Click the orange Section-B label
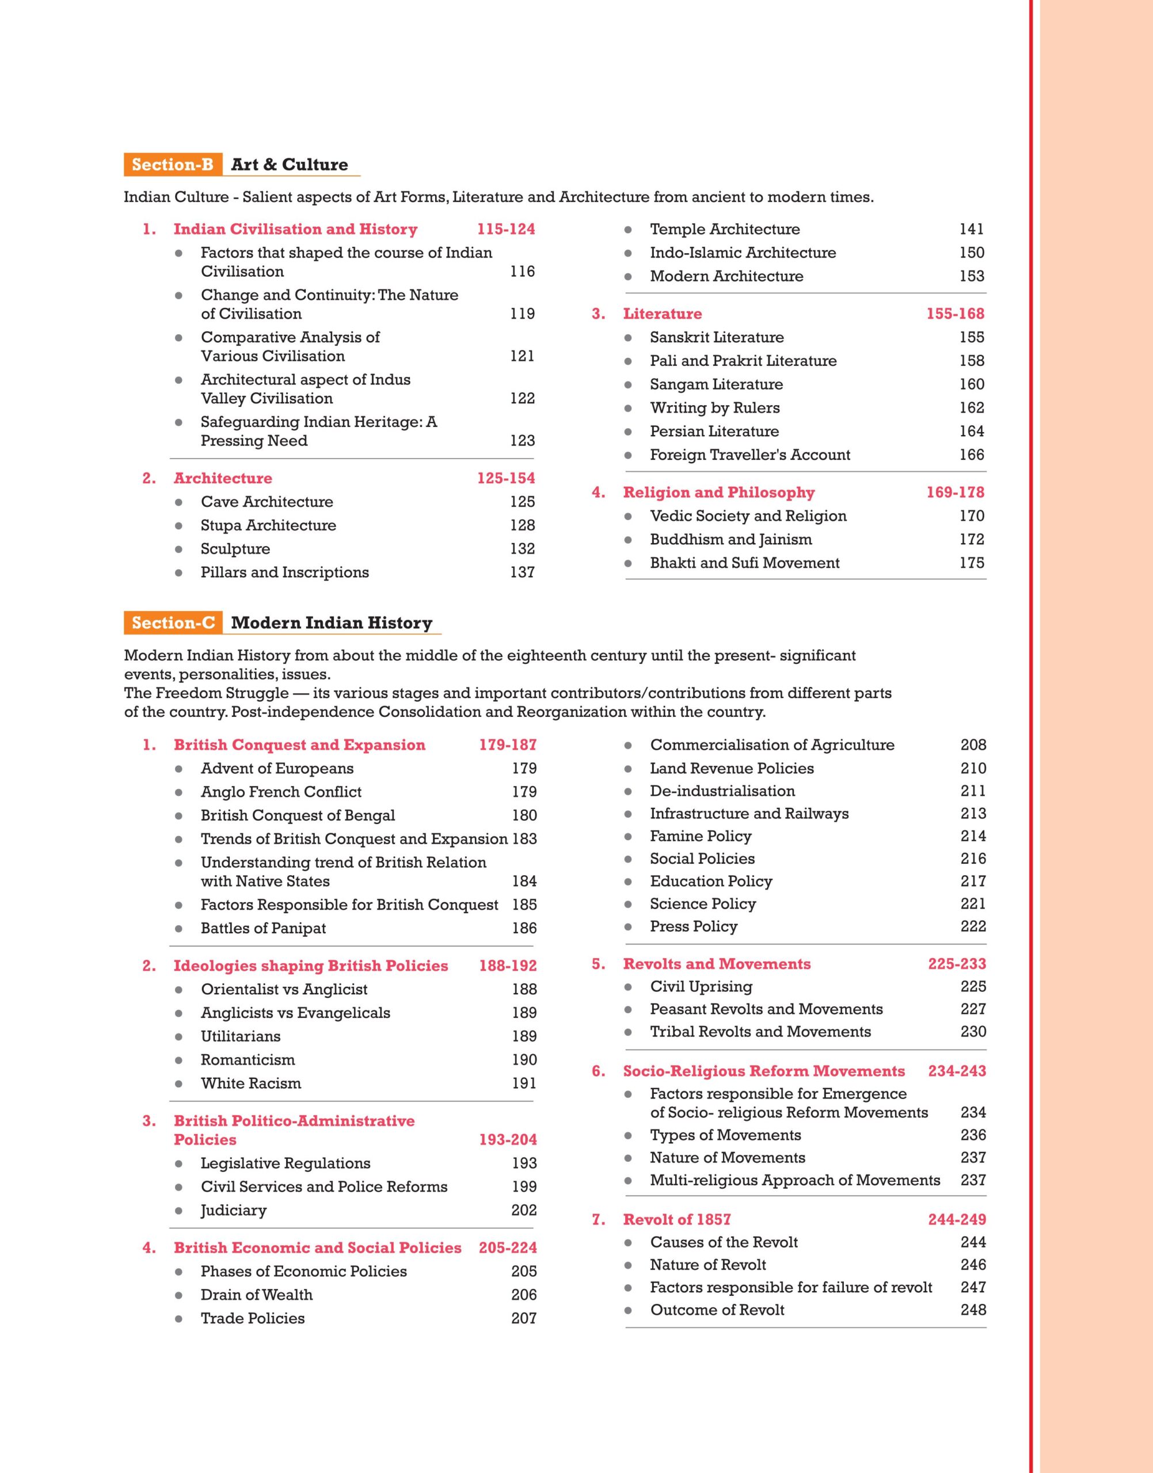[x=173, y=165]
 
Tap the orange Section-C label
[x=173, y=623]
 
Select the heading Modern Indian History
[x=332, y=623]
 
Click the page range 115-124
[x=505, y=230]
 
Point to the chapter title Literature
[x=662, y=314]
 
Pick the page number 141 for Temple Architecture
[x=972, y=230]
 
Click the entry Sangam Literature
[x=716, y=384]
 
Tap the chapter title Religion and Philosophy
[x=718, y=493]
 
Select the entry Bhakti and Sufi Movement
[x=745, y=563]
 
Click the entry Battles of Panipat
[x=263, y=929]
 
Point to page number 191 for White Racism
[x=524, y=1083]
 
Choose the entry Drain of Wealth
[x=257, y=1295]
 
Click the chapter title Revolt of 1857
[x=676, y=1219]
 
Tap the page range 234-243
[x=957, y=1071]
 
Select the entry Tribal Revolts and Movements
[x=760, y=1032]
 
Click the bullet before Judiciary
[x=179, y=1211]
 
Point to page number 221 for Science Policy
[x=973, y=904]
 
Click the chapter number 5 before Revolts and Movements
[x=598, y=964]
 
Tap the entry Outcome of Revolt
[x=717, y=1310]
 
